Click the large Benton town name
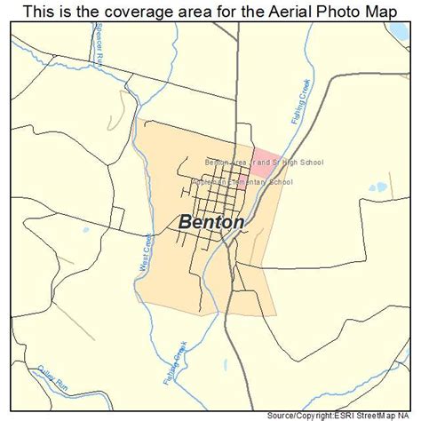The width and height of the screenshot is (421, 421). tap(211, 222)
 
